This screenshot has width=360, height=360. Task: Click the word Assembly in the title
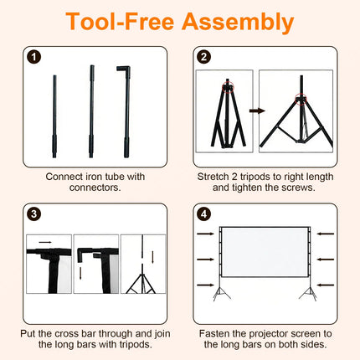tap(238, 22)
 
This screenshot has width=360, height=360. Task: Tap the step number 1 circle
tap(34, 57)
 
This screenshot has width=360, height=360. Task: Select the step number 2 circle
tap(204, 57)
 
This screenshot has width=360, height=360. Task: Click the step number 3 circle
tap(34, 214)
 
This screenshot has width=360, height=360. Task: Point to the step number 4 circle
tap(204, 214)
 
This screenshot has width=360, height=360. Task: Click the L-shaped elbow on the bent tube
tap(124, 69)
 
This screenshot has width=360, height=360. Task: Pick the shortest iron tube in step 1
tap(54, 116)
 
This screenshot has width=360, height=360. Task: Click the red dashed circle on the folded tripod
tap(228, 88)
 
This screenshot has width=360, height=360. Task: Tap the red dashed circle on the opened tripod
tap(301, 99)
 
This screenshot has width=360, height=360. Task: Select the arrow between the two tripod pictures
tap(257, 111)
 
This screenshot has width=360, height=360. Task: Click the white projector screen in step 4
tap(264, 252)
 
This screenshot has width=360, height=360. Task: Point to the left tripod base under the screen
tap(221, 293)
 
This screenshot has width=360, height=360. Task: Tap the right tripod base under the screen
tap(308, 293)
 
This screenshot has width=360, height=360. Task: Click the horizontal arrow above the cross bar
tap(45, 242)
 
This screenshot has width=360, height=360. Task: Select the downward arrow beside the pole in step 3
tap(153, 257)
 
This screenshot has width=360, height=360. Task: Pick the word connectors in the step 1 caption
tap(95, 188)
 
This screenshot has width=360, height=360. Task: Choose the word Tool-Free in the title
tap(121, 22)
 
